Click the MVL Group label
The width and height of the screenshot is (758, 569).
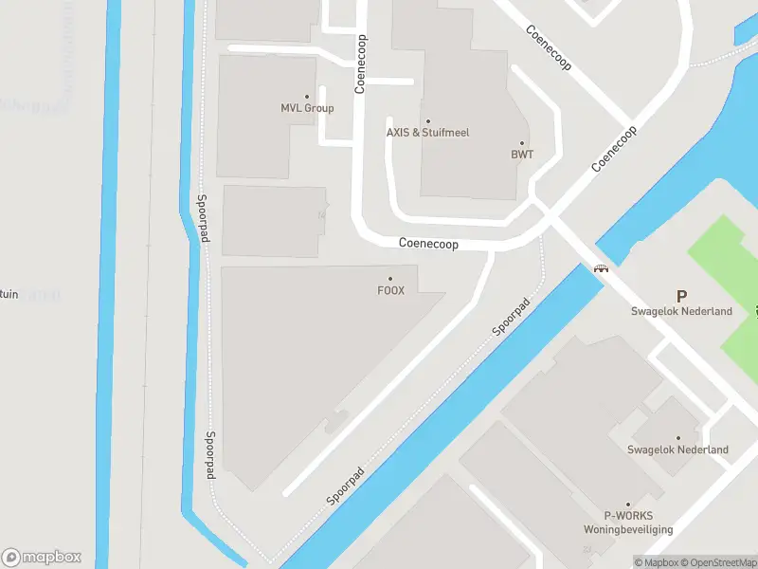coord(307,108)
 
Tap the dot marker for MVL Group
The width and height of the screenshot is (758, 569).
coord(307,97)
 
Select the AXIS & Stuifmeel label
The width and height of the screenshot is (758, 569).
coord(427,133)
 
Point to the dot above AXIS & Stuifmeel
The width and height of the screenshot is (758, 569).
coord(427,121)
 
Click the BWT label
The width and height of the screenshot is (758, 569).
coord(521,154)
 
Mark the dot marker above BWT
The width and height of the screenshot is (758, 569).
coord(521,143)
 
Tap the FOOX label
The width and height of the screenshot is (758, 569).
coord(390,290)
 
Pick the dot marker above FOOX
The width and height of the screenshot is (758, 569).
coord(390,279)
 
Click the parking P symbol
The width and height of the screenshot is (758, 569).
coord(680,297)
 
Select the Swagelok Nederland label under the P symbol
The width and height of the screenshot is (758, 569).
coord(681,311)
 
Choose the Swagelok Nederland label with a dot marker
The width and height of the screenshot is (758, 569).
coord(677,450)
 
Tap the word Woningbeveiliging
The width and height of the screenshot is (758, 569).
coord(627,529)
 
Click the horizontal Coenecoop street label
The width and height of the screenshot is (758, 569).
coord(428,244)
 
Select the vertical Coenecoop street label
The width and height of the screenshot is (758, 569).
coord(361,64)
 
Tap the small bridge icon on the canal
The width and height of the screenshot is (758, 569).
coord(601,268)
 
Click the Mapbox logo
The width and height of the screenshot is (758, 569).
coord(42,558)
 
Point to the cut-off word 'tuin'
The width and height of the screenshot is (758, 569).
coord(9,294)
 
